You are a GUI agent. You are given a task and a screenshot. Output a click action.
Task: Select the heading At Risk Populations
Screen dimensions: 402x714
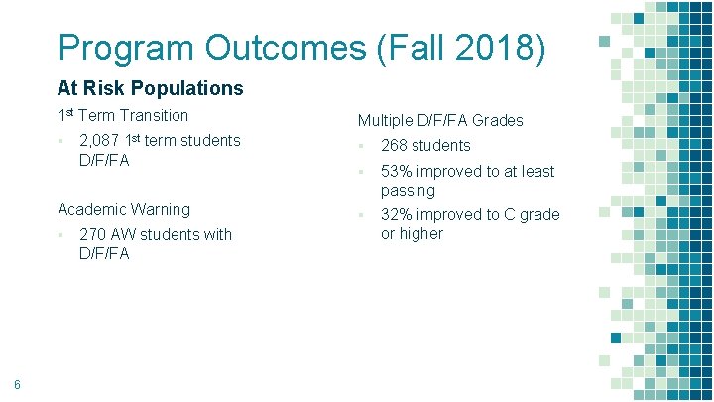pos(150,88)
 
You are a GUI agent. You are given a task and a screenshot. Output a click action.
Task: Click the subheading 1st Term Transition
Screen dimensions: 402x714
pos(123,115)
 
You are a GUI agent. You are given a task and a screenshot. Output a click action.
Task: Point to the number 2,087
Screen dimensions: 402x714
pos(100,140)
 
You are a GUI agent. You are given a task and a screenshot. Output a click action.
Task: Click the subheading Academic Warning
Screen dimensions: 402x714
pos(124,209)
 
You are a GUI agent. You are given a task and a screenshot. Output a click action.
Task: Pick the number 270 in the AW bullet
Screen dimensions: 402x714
pos(92,235)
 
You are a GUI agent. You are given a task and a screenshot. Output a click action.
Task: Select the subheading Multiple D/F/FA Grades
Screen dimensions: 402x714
pos(440,121)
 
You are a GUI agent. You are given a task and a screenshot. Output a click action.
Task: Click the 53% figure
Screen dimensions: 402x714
pos(398,172)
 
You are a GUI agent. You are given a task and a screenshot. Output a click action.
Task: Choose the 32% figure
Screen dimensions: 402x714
pos(398,215)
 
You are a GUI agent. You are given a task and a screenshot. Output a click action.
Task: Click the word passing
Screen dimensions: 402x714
pos(408,190)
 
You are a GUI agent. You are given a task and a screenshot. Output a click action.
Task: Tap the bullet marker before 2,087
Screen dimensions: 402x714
pos(60,140)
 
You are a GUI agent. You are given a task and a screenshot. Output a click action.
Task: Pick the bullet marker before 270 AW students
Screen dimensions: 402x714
pos(60,235)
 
